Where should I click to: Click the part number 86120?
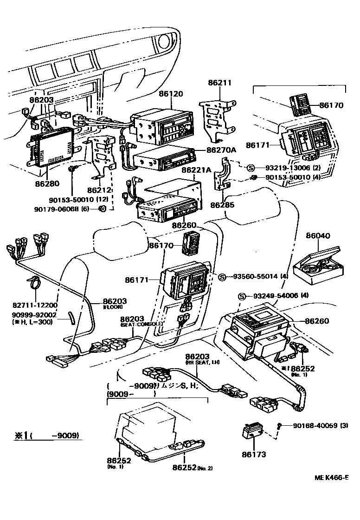coord(171,94)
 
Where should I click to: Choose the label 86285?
coord(222,204)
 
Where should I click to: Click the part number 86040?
coord(318,236)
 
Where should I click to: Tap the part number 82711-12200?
coord(35,305)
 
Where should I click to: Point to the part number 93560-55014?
coord(252,276)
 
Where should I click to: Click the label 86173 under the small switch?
coord(254,455)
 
